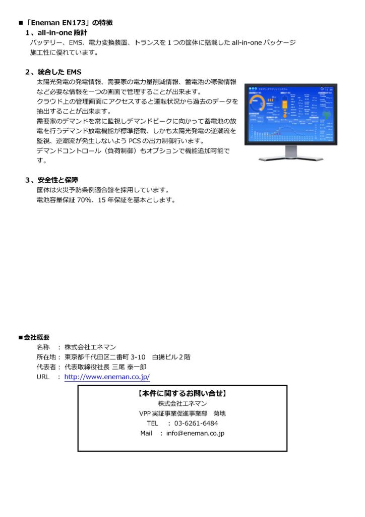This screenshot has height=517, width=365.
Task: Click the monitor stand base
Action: click(291, 158)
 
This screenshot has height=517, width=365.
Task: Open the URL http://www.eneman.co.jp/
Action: click(107, 377)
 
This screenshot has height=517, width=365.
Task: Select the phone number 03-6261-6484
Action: click(196, 423)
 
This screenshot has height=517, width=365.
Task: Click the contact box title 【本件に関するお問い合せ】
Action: click(182, 393)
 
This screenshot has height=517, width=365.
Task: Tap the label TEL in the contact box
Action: click(153, 423)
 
